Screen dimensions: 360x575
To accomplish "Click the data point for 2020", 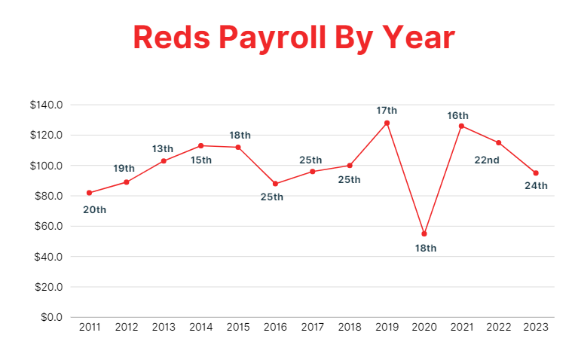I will point(424,233).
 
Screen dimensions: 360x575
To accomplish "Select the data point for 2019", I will point(387,123).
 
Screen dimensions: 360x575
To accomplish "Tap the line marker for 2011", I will point(89,193).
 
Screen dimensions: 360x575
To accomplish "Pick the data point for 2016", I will point(275,184).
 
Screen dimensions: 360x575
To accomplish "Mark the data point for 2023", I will point(536,173).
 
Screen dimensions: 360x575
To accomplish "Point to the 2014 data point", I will point(200,145).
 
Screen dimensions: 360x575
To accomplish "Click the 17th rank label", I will point(387,111).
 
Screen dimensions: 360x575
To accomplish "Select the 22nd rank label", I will point(487,160).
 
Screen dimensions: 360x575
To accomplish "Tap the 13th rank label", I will point(163,148).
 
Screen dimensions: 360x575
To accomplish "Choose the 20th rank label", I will point(94,209).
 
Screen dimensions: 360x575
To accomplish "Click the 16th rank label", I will point(457,115).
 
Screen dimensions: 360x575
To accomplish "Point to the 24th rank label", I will point(536,185).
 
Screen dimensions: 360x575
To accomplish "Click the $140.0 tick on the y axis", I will point(46,105).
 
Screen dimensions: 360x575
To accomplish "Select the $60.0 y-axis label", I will point(48,226).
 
